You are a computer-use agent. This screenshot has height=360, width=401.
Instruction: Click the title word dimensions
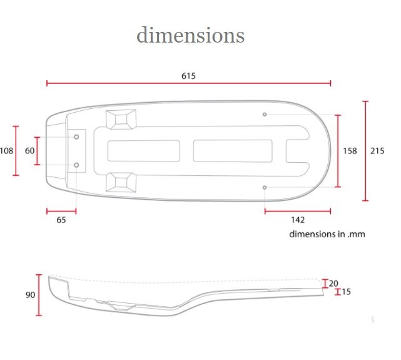coord(191,35)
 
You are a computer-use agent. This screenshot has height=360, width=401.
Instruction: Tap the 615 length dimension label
coord(188,76)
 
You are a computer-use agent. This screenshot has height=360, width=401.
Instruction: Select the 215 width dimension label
coord(377,151)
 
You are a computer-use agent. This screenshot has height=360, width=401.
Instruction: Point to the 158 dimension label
coord(350,151)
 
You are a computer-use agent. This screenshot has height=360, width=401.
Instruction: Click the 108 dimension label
coord(6,151)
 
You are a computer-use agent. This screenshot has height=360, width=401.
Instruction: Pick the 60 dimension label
coord(29,151)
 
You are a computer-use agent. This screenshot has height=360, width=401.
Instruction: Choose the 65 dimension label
coord(61,220)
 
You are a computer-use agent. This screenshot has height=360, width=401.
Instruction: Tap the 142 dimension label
coord(298,220)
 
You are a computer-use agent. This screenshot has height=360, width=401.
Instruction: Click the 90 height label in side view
coord(30,295)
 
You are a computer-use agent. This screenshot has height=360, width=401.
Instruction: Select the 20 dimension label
coord(333,284)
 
